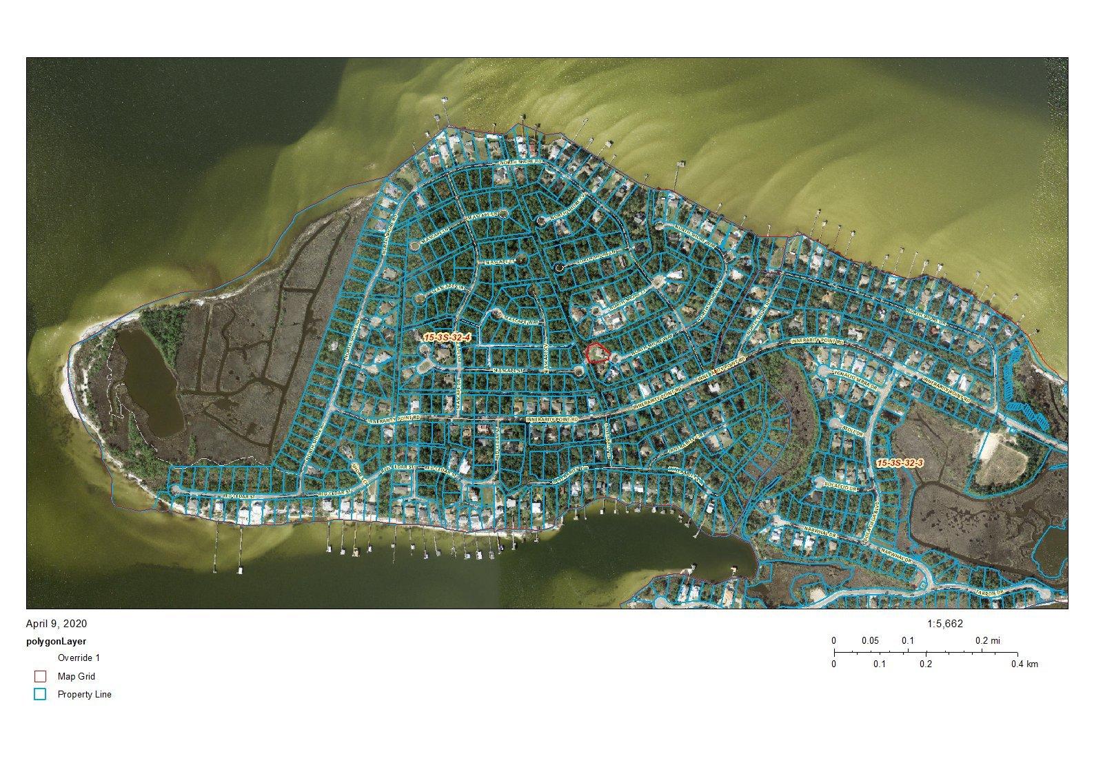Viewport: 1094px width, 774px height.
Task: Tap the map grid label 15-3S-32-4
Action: [x=447, y=337]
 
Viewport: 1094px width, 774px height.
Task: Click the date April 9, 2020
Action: [x=57, y=624]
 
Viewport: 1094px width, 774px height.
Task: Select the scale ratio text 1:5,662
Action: [x=945, y=624]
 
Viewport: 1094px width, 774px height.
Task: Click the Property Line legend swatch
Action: [x=40, y=694]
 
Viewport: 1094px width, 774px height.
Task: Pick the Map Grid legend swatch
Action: [x=40, y=676]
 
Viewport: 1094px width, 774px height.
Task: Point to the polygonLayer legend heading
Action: [x=57, y=641]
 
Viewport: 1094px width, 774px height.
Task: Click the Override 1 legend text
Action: [x=79, y=658]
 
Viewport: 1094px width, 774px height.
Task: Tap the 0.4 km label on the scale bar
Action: [x=1024, y=664]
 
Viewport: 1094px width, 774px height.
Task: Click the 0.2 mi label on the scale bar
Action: [x=986, y=640]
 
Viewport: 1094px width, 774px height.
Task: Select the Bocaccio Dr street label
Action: [x=839, y=486]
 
